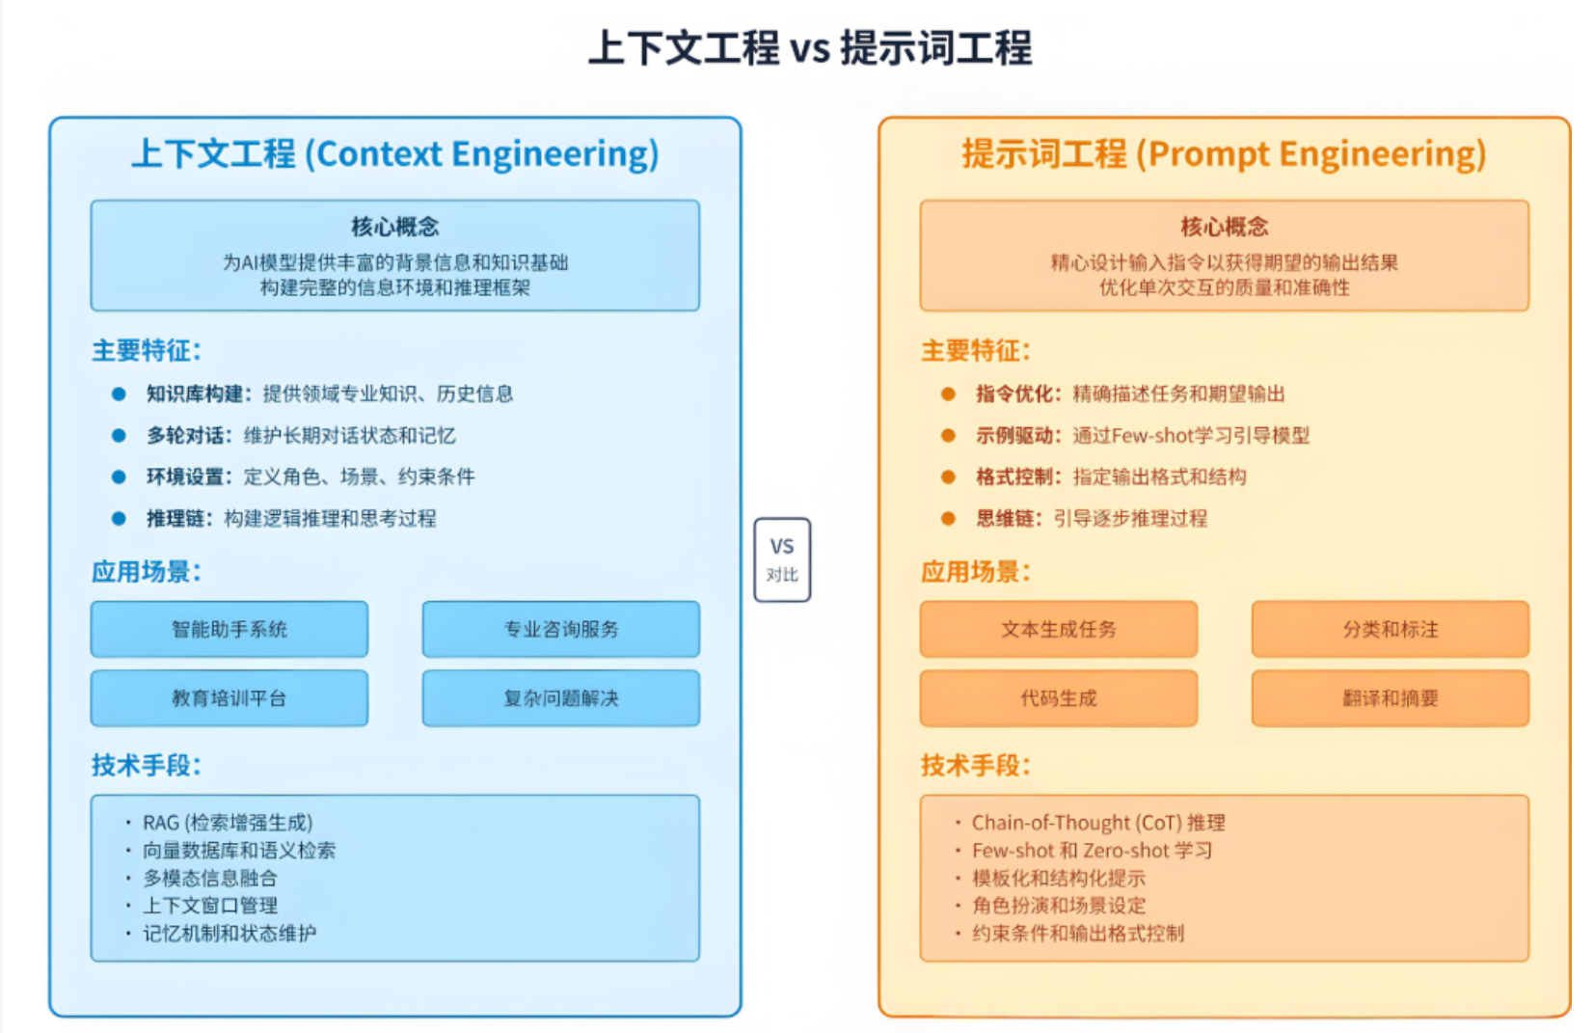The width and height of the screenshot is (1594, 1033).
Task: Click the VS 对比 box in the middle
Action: pos(782,559)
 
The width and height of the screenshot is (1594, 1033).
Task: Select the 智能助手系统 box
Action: pos(230,629)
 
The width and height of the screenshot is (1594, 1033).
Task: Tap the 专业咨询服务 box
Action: pos(560,629)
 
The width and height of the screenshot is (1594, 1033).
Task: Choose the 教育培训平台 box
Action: pos(230,697)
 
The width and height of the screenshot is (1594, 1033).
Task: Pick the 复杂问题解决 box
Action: pos(560,697)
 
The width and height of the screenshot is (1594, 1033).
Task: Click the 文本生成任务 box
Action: pos(1058,629)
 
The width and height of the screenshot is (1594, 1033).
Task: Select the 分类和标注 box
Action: pos(1390,629)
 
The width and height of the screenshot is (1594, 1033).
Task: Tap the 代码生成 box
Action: pos(1058,697)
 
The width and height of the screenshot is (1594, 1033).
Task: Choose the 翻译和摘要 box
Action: pos(1390,697)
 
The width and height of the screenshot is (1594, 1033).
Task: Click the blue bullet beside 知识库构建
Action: pos(119,394)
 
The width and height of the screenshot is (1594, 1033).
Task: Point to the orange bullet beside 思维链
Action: pos(948,518)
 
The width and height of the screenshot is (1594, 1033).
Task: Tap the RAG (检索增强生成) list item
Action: pos(228,823)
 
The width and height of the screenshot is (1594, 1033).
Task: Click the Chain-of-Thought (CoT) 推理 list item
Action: pos(1097,823)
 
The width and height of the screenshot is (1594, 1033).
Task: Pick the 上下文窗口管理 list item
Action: pos(210,906)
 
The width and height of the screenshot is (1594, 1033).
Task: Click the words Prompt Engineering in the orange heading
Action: pos(1311,154)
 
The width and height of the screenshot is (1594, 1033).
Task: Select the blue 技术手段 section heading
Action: pos(146,765)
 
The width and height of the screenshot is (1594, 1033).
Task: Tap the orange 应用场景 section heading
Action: pos(975,572)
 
